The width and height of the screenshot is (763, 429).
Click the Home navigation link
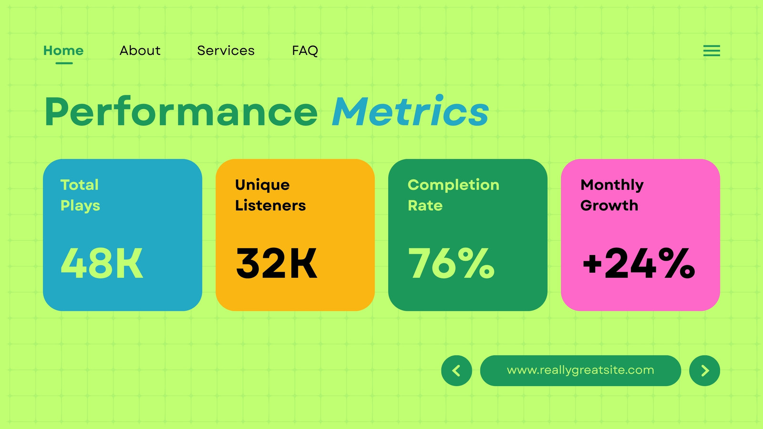63,51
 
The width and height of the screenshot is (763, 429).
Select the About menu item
140,51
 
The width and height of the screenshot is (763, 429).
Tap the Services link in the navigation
226,51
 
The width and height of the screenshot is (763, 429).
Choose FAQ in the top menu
305,51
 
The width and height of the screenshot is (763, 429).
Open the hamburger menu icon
711,51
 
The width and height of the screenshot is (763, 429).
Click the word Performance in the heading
181,112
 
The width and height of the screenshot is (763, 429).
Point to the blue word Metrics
411,111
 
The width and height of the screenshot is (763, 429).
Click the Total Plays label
80,195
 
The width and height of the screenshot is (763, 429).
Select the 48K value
102,263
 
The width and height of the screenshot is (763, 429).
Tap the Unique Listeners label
270,195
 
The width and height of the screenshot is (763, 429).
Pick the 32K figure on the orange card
277,263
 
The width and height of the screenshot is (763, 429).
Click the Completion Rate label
454,195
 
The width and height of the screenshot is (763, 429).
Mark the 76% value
451,263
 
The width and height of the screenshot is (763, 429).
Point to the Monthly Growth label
612,195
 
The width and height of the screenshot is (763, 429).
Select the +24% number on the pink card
639,263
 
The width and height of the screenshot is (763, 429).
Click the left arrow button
456,370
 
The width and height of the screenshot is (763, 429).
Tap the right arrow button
704,370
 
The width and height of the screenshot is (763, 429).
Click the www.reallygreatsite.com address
580,370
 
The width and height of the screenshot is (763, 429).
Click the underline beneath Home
64,63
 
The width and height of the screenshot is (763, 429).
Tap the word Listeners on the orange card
270,205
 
